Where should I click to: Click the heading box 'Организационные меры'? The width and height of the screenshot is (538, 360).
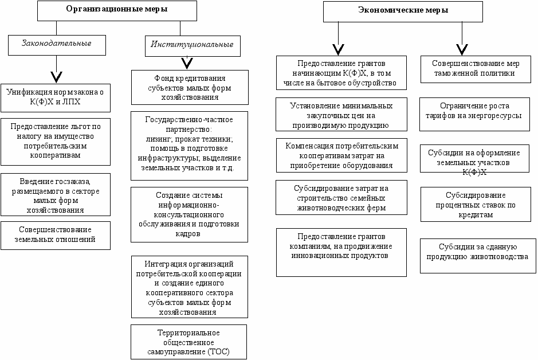[x=117, y=11]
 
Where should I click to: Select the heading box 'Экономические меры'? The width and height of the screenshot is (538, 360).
[x=403, y=11]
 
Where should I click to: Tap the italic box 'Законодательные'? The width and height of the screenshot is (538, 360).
[x=57, y=45]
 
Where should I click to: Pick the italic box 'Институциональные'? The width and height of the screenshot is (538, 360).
[x=193, y=46]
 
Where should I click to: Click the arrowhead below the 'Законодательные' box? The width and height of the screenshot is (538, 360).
[x=56, y=77]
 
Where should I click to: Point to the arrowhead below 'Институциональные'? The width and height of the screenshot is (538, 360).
[x=187, y=64]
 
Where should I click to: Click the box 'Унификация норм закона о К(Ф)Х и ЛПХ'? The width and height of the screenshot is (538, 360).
[x=56, y=98]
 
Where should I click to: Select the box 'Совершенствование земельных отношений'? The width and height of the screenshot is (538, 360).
[x=56, y=236]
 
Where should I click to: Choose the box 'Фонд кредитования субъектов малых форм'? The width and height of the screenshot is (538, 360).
[x=190, y=88]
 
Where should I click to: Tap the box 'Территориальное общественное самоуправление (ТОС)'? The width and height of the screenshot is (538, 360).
[x=189, y=342]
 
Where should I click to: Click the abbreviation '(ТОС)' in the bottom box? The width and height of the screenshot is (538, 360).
[x=218, y=352]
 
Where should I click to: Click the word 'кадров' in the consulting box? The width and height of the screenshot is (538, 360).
[x=188, y=234]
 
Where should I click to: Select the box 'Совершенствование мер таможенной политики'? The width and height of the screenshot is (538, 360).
[x=476, y=69]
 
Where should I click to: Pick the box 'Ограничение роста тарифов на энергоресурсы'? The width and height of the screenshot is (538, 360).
[x=474, y=114]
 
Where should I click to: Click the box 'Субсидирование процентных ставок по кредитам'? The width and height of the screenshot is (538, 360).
[x=476, y=205]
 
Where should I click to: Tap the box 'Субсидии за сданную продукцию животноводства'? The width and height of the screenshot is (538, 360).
[x=478, y=256]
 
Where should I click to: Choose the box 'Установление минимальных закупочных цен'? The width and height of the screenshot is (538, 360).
[x=341, y=114]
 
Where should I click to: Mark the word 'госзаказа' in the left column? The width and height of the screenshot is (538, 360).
[x=73, y=182]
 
